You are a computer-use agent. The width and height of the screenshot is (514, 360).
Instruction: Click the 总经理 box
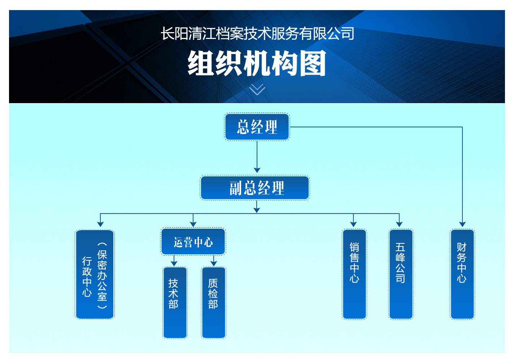tap(257, 127)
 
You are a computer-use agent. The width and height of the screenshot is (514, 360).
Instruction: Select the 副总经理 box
tap(255, 188)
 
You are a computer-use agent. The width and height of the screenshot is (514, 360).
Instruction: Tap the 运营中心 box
tap(193, 242)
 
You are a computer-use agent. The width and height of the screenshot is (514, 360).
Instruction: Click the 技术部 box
tap(175, 302)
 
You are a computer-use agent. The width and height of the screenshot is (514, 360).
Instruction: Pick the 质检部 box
tap(214, 302)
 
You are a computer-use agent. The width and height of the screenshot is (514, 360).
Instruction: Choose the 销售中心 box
tap(354, 274)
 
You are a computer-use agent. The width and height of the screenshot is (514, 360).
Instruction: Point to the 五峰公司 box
tap(401, 274)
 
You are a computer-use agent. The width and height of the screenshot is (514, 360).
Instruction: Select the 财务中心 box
tap(462, 274)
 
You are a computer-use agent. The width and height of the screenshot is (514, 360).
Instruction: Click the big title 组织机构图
tap(257, 63)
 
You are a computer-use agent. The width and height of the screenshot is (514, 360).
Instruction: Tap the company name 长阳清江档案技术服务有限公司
tap(257, 34)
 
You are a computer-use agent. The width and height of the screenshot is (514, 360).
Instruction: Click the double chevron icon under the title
tap(257, 89)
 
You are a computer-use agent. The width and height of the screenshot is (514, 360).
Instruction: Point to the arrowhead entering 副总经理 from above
tap(257, 170)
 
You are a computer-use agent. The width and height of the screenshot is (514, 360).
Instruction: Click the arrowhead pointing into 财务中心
tap(462, 224)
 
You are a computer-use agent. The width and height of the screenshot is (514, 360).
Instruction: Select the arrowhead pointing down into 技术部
tap(174, 264)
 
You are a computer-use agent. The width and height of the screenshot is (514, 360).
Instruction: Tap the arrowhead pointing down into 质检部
tap(214, 264)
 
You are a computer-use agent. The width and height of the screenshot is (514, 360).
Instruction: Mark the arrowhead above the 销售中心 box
tap(353, 224)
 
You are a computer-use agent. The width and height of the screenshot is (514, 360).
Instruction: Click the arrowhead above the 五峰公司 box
tap(399, 224)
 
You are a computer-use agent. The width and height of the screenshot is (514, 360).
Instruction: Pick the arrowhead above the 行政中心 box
tap(101, 224)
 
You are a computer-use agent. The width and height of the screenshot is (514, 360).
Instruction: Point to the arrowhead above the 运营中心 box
tap(193, 224)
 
